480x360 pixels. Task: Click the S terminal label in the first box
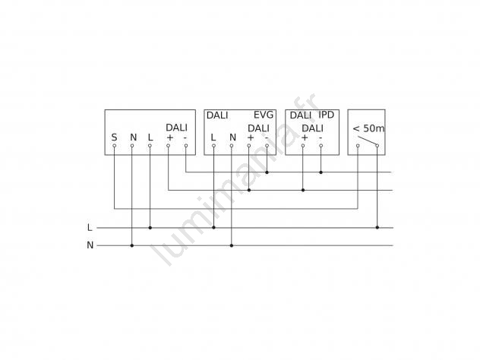click(114, 137)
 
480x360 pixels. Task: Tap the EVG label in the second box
click(264, 115)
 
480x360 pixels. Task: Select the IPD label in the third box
click(327, 115)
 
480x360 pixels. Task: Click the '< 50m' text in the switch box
click(368, 128)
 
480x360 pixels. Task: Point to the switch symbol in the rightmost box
click(368, 141)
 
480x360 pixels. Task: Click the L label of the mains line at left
click(90, 227)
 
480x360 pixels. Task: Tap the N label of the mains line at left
click(90, 245)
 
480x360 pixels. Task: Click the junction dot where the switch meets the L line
click(377, 227)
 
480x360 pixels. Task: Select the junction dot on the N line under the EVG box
click(232, 245)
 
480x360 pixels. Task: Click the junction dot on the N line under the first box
click(132, 245)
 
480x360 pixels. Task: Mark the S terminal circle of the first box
click(114, 146)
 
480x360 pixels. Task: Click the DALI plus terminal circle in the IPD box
click(303, 146)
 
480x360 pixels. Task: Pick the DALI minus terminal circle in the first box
click(186, 146)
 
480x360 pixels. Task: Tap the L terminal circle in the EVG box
click(213, 146)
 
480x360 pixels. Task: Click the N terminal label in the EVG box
click(232, 137)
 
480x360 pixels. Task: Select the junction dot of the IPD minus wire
click(321, 172)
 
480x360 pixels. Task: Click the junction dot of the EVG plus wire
click(249, 190)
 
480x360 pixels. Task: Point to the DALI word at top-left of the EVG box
click(217, 115)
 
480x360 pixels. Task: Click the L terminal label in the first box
click(150, 137)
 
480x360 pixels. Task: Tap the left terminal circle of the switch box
click(358, 146)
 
